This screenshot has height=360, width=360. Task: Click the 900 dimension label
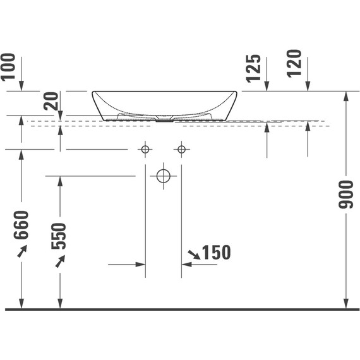pos(345,195)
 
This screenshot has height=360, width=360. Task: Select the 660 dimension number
pos(21,225)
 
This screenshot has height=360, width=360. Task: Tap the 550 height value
pos(59,236)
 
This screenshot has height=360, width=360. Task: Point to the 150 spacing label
pos(217,253)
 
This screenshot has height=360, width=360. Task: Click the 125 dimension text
pos(253,68)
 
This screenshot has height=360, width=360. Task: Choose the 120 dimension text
pos(294,63)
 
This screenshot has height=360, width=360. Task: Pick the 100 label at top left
pos(8,67)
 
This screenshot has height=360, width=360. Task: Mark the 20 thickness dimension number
pos(51,101)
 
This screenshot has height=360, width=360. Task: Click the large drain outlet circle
pos(163,176)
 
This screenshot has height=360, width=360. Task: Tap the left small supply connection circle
pos(145,150)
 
